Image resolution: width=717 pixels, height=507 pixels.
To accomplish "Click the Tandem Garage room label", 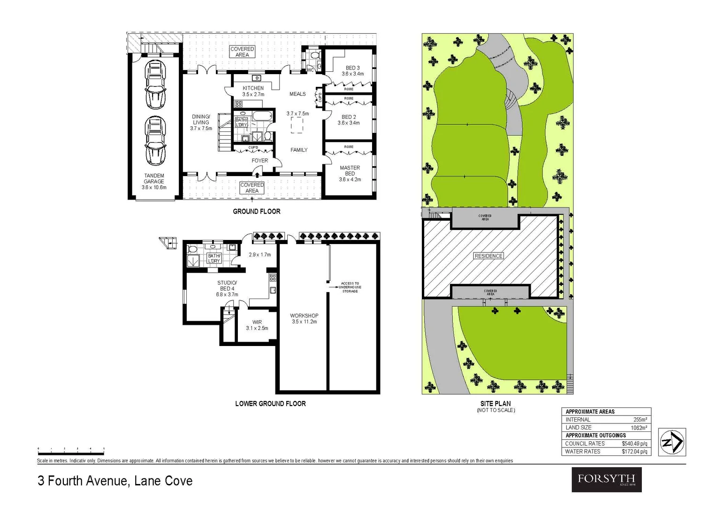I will coord(154,181).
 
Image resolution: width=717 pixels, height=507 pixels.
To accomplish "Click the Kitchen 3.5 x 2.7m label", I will coord(253,91).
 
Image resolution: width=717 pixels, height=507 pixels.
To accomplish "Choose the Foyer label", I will coord(259,161).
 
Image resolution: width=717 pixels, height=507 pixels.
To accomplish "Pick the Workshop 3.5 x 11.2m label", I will coord(304,319).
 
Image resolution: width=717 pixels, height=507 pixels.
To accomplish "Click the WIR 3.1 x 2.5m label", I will coord(257,325).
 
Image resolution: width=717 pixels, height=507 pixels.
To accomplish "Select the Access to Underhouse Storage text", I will coord(350,287).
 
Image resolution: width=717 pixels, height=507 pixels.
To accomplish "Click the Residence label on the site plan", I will coord(488,256).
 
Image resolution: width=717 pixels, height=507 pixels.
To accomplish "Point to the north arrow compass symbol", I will coord(672,442).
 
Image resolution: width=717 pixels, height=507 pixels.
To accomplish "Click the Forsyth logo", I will coord(606,479).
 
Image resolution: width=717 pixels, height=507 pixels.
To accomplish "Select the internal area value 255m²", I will coord(640,420).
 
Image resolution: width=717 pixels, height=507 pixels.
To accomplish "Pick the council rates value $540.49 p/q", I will coord(634,444).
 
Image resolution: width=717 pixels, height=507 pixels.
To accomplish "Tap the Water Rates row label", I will coord(582,452).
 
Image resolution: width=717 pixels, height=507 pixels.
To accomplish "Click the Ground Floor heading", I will coord(257,212).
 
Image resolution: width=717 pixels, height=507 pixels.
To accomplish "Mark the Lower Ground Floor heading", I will coord(270,404).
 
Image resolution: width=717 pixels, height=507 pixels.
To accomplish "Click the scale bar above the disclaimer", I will coord(71,453).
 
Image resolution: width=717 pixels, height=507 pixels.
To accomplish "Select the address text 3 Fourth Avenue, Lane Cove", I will coord(115,481).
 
